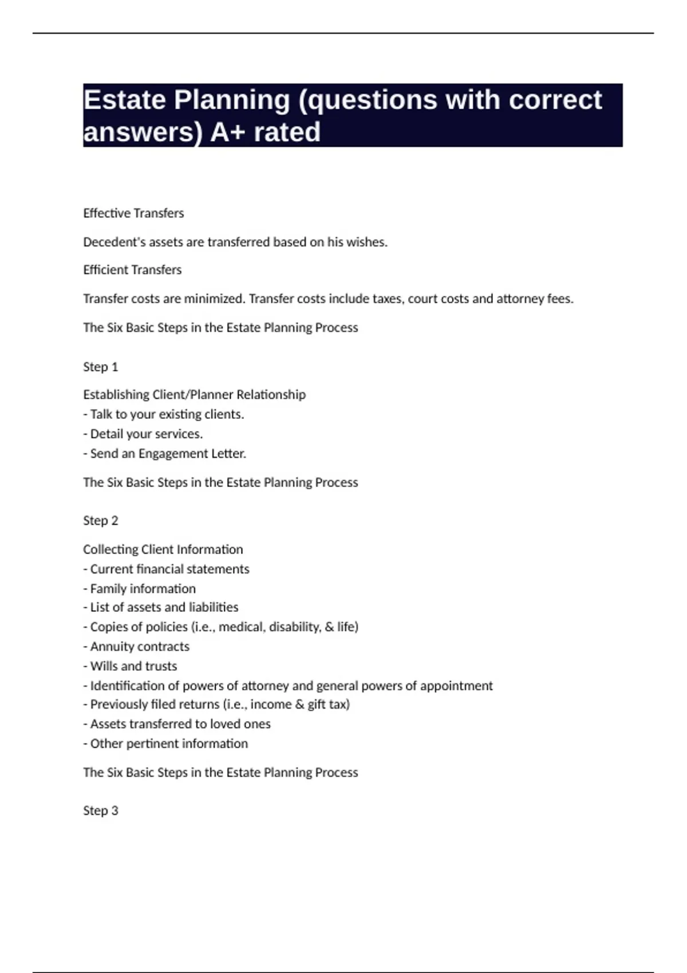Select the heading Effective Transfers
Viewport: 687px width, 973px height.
click(x=133, y=213)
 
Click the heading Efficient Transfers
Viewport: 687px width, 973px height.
click(x=132, y=270)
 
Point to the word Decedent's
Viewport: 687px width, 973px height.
click(x=114, y=242)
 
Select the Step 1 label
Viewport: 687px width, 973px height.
click(x=100, y=367)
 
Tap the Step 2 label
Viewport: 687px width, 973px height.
click(x=100, y=520)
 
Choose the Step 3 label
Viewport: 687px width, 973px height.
click(x=100, y=810)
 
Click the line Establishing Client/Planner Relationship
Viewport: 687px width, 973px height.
click(x=194, y=394)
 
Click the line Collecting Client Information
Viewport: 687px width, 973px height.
click(x=163, y=549)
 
